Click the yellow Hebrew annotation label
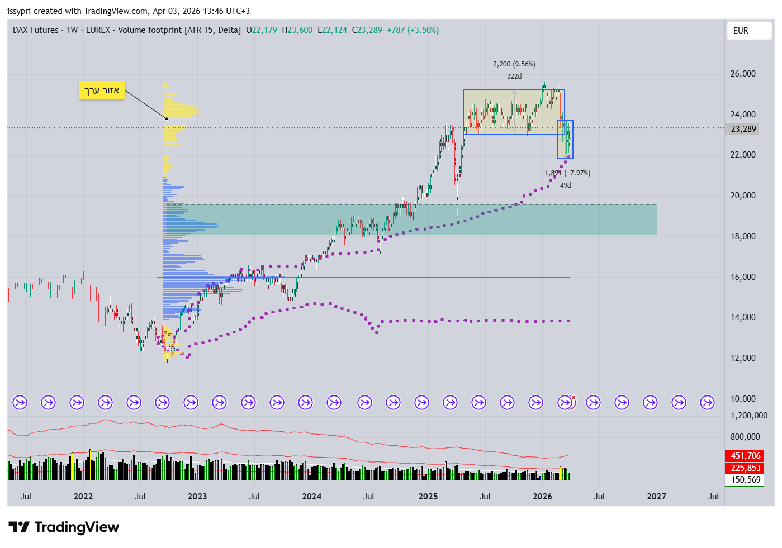[102, 90]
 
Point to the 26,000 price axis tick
[743, 74]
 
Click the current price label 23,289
[743, 129]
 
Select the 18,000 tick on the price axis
[743, 236]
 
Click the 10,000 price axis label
[743, 399]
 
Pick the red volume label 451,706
[745, 456]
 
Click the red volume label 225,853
[745, 468]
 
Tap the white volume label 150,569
[745, 480]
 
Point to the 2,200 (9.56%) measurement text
[514, 64]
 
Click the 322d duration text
[514, 77]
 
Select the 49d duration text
[566, 185]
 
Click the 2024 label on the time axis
[311, 497]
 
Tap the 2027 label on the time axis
[656, 497]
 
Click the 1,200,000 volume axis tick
[748, 416]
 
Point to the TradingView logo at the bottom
[64, 527]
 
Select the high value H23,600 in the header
[297, 30]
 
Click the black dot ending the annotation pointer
[166, 118]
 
